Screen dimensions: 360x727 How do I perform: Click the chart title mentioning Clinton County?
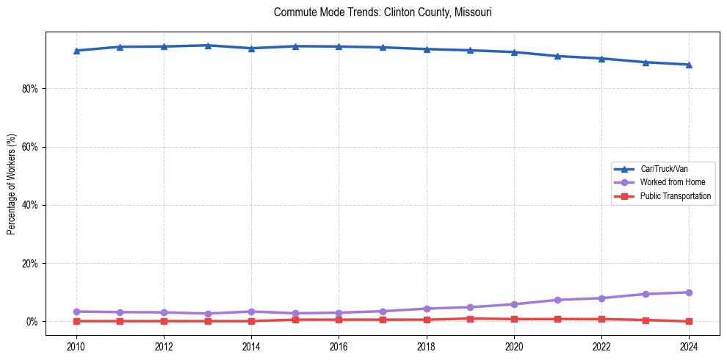(x=382, y=12)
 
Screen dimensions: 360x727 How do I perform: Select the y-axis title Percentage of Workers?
(x=11, y=184)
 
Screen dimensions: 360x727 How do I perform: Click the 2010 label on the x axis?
(x=76, y=345)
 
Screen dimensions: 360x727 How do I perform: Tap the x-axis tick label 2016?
(x=339, y=345)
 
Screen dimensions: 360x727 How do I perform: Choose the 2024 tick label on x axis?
(x=689, y=345)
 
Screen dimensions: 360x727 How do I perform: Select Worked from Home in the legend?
(x=669, y=182)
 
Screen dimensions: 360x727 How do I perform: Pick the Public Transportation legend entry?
(x=675, y=196)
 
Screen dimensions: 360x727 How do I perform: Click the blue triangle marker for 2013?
(x=208, y=46)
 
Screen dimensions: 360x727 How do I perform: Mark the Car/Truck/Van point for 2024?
(x=689, y=65)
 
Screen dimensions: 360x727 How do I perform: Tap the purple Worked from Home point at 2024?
(x=689, y=292)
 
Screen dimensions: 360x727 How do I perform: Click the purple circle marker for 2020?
(x=514, y=304)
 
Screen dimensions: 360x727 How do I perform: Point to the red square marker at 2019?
(x=470, y=318)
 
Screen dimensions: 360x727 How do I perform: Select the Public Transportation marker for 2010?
(x=76, y=321)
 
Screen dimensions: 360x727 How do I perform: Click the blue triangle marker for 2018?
(x=427, y=49)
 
